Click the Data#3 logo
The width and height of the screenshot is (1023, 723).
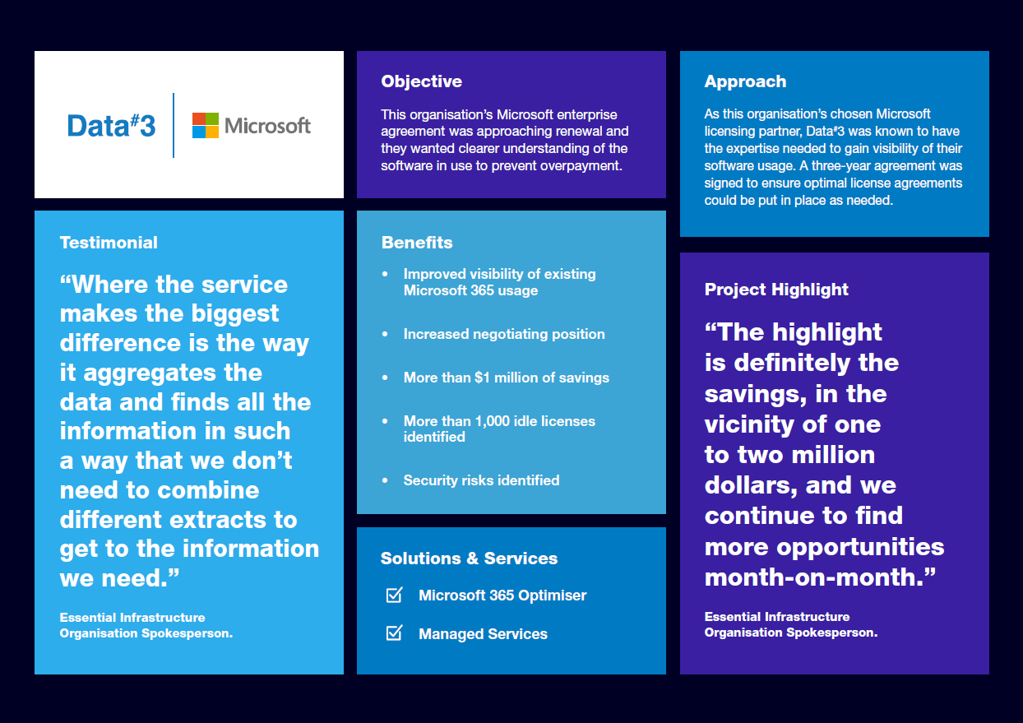click(111, 125)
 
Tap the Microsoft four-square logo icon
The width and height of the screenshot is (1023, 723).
click(205, 125)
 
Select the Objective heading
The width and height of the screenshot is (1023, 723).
click(421, 81)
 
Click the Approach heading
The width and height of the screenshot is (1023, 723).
click(745, 81)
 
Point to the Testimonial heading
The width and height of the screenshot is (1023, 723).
click(109, 243)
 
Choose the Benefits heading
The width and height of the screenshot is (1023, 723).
click(417, 243)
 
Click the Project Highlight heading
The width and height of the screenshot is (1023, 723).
click(776, 290)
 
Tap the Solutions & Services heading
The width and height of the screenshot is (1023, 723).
click(469, 558)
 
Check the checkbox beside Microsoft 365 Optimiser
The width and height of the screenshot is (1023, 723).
click(394, 595)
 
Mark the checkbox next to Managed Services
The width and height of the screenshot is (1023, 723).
click(394, 633)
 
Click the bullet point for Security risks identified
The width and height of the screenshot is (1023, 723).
click(384, 480)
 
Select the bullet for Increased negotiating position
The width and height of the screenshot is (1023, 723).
click(384, 334)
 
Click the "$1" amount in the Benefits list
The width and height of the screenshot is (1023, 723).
click(484, 378)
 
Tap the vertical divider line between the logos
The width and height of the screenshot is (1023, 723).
click(174, 125)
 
